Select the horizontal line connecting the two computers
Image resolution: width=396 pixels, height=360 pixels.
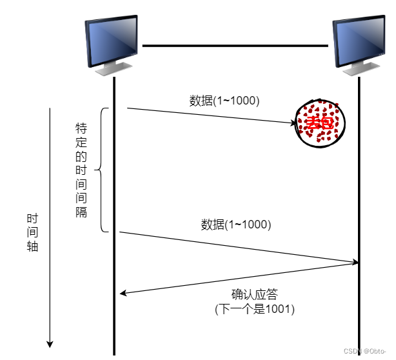[235, 46]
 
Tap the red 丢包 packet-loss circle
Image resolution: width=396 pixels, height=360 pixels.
[321, 123]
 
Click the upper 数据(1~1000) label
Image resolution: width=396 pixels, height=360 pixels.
[224, 101]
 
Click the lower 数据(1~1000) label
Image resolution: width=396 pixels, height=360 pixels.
[235, 225]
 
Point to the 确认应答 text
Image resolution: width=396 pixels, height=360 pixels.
[254, 295]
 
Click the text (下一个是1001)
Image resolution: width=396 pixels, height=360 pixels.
[254, 310]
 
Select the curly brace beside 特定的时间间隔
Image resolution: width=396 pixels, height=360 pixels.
[102, 170]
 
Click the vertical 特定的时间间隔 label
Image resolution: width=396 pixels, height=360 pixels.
[81, 170]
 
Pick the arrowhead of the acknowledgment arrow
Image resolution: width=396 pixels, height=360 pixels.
[123, 294]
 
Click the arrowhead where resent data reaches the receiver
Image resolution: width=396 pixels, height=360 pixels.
[355, 262]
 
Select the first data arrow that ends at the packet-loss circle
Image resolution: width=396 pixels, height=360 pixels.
[210, 115]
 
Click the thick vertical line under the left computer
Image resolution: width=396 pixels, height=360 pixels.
[114, 194]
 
